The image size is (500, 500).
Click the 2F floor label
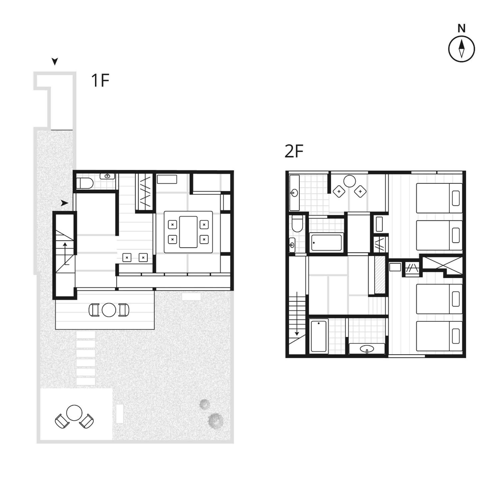pyautogui.click(x=294, y=151)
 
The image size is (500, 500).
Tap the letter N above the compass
pyautogui.click(x=462, y=28)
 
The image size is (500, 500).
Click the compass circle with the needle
pyautogui.click(x=462, y=49)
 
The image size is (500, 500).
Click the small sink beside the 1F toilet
pyautogui.click(x=107, y=176)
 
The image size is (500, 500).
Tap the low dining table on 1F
pyautogui.click(x=188, y=232)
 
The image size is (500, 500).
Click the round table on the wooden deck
pyautogui.click(x=109, y=310)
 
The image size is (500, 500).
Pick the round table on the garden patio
pyautogui.click(x=74, y=413)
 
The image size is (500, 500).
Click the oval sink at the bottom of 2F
pyautogui.click(x=367, y=349)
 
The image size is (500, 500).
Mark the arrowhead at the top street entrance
pyautogui.click(x=55, y=61)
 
